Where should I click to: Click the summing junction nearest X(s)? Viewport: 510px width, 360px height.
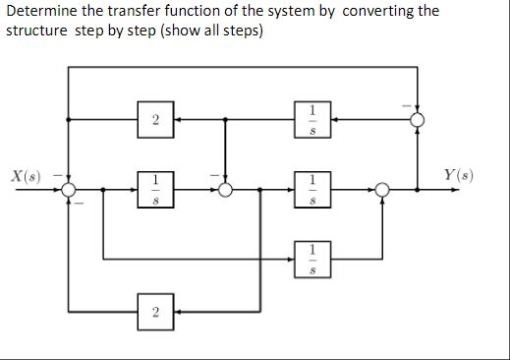point(68,190)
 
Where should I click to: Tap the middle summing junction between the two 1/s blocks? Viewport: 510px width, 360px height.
point(226,190)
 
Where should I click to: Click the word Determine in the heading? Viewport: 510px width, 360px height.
point(39,11)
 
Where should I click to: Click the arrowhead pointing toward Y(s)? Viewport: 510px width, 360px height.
point(452,190)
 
